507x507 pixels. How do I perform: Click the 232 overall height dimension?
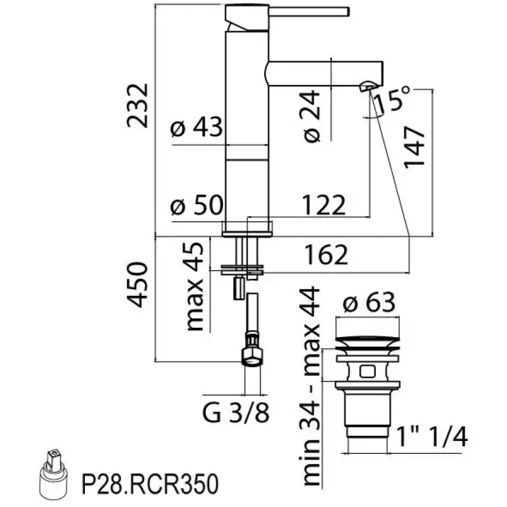click(138, 105)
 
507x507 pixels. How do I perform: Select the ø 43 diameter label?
click(196, 129)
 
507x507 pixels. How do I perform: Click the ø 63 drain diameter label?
click(370, 304)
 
